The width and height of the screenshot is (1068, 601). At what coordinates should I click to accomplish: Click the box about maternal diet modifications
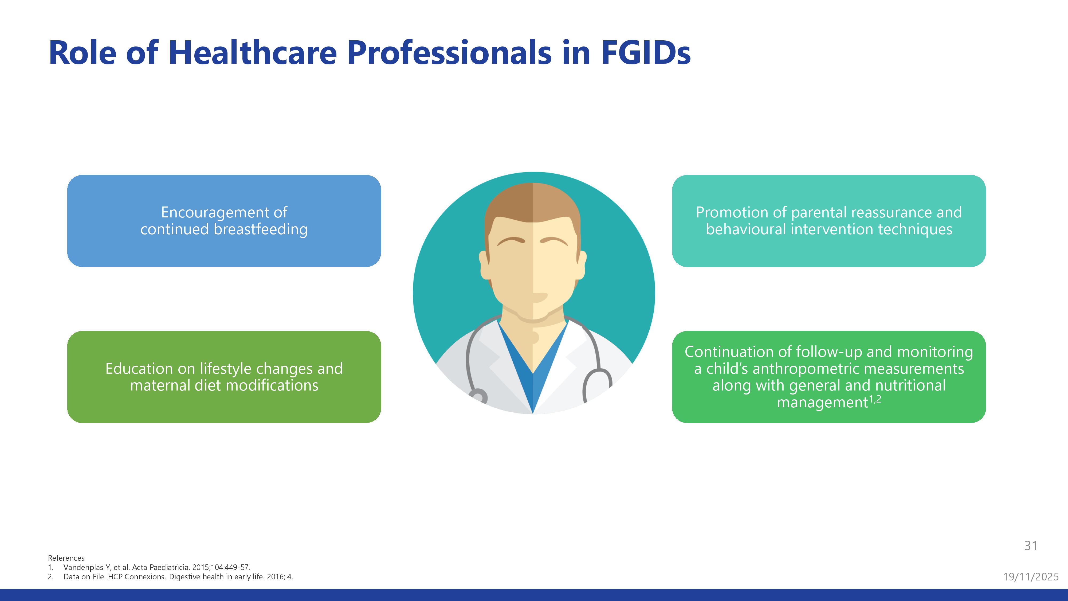(224, 377)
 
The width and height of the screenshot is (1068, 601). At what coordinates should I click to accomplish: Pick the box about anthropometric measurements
(829, 377)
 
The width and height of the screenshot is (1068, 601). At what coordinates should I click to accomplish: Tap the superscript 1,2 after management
(875, 399)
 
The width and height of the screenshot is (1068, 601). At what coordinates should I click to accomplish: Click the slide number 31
(1031, 545)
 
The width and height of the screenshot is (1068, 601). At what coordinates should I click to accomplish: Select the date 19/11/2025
(1031, 576)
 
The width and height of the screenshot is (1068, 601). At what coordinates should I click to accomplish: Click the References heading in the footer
(66, 558)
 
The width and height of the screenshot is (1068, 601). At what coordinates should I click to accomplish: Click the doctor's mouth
(540, 297)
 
